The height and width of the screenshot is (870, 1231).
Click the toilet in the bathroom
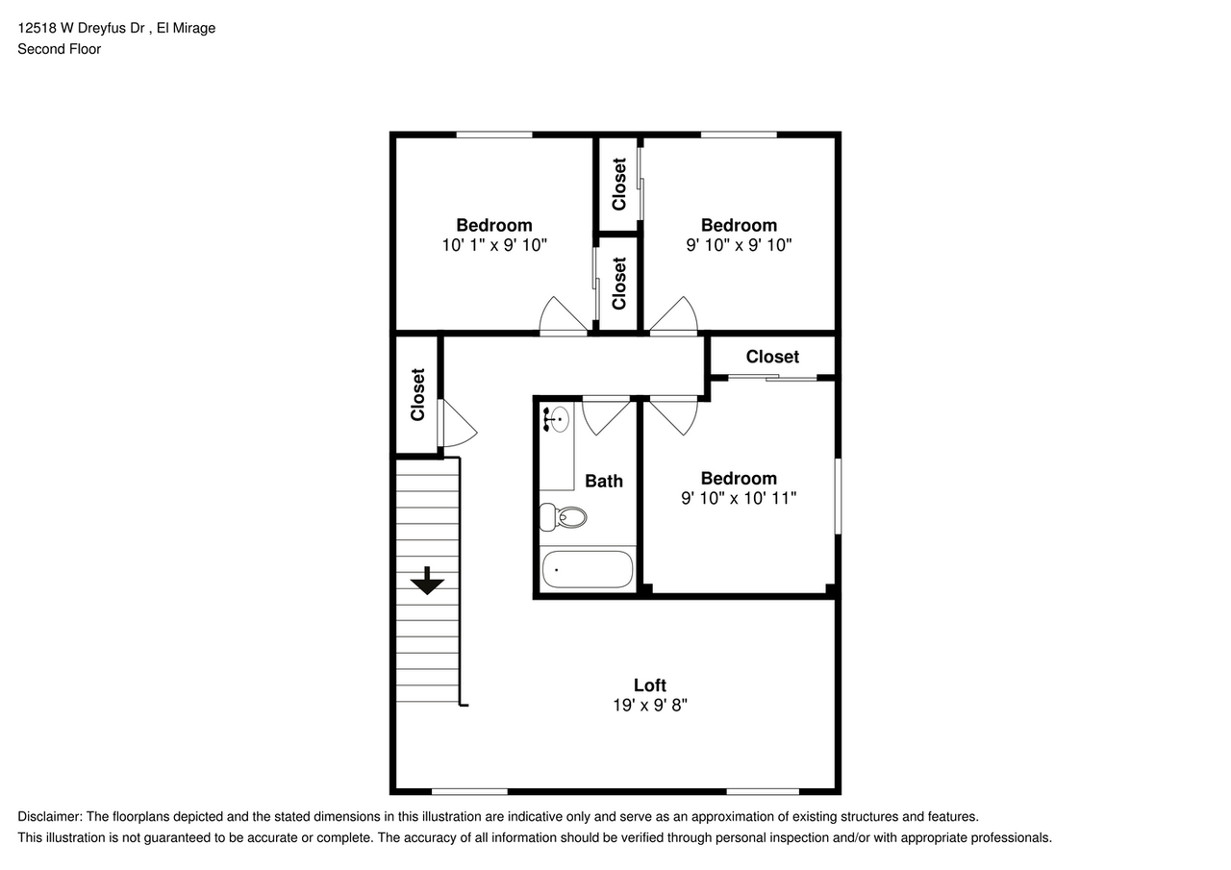coord(564,517)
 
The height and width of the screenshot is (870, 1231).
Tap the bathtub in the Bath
coord(587,569)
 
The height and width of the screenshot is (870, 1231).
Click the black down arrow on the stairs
coord(426,581)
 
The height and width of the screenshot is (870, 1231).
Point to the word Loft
coord(649,684)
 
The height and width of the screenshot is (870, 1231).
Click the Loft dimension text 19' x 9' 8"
coord(649,705)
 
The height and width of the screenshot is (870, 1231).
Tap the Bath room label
coord(604,481)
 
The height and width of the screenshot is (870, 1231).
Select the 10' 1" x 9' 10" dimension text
coord(494,245)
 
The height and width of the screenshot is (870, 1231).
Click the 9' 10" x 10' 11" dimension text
coord(739,498)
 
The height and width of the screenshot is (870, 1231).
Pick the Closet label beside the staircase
coord(418,394)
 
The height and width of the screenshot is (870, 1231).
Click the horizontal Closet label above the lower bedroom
coord(772,357)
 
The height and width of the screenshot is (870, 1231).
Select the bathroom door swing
coord(606,415)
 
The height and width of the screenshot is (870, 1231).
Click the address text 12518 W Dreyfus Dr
coord(82,28)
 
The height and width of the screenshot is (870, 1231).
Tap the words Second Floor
coord(59,49)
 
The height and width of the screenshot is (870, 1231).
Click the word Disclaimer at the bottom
coord(49,816)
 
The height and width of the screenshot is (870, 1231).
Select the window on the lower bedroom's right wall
coord(838,496)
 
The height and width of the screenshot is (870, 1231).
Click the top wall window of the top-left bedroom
coord(493,135)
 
